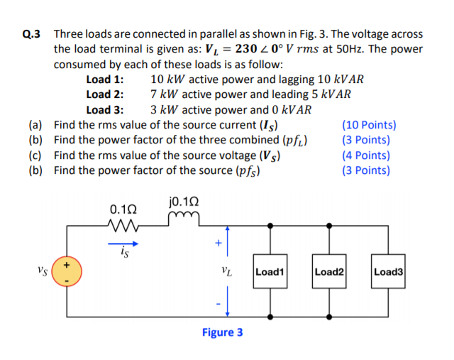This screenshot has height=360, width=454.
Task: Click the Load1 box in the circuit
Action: (270, 271)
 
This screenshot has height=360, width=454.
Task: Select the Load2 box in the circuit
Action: (328, 271)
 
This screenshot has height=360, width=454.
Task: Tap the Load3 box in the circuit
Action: (387, 271)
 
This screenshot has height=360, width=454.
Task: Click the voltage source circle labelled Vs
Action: (67, 272)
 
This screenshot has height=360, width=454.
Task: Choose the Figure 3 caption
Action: (222, 332)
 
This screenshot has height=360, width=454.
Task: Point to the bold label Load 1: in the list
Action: (105, 79)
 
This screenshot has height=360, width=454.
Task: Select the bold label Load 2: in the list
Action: (105, 94)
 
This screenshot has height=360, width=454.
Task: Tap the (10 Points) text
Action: (369, 125)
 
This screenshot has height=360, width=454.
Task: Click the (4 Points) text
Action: (365, 155)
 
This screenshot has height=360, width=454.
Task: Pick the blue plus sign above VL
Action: (218, 244)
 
